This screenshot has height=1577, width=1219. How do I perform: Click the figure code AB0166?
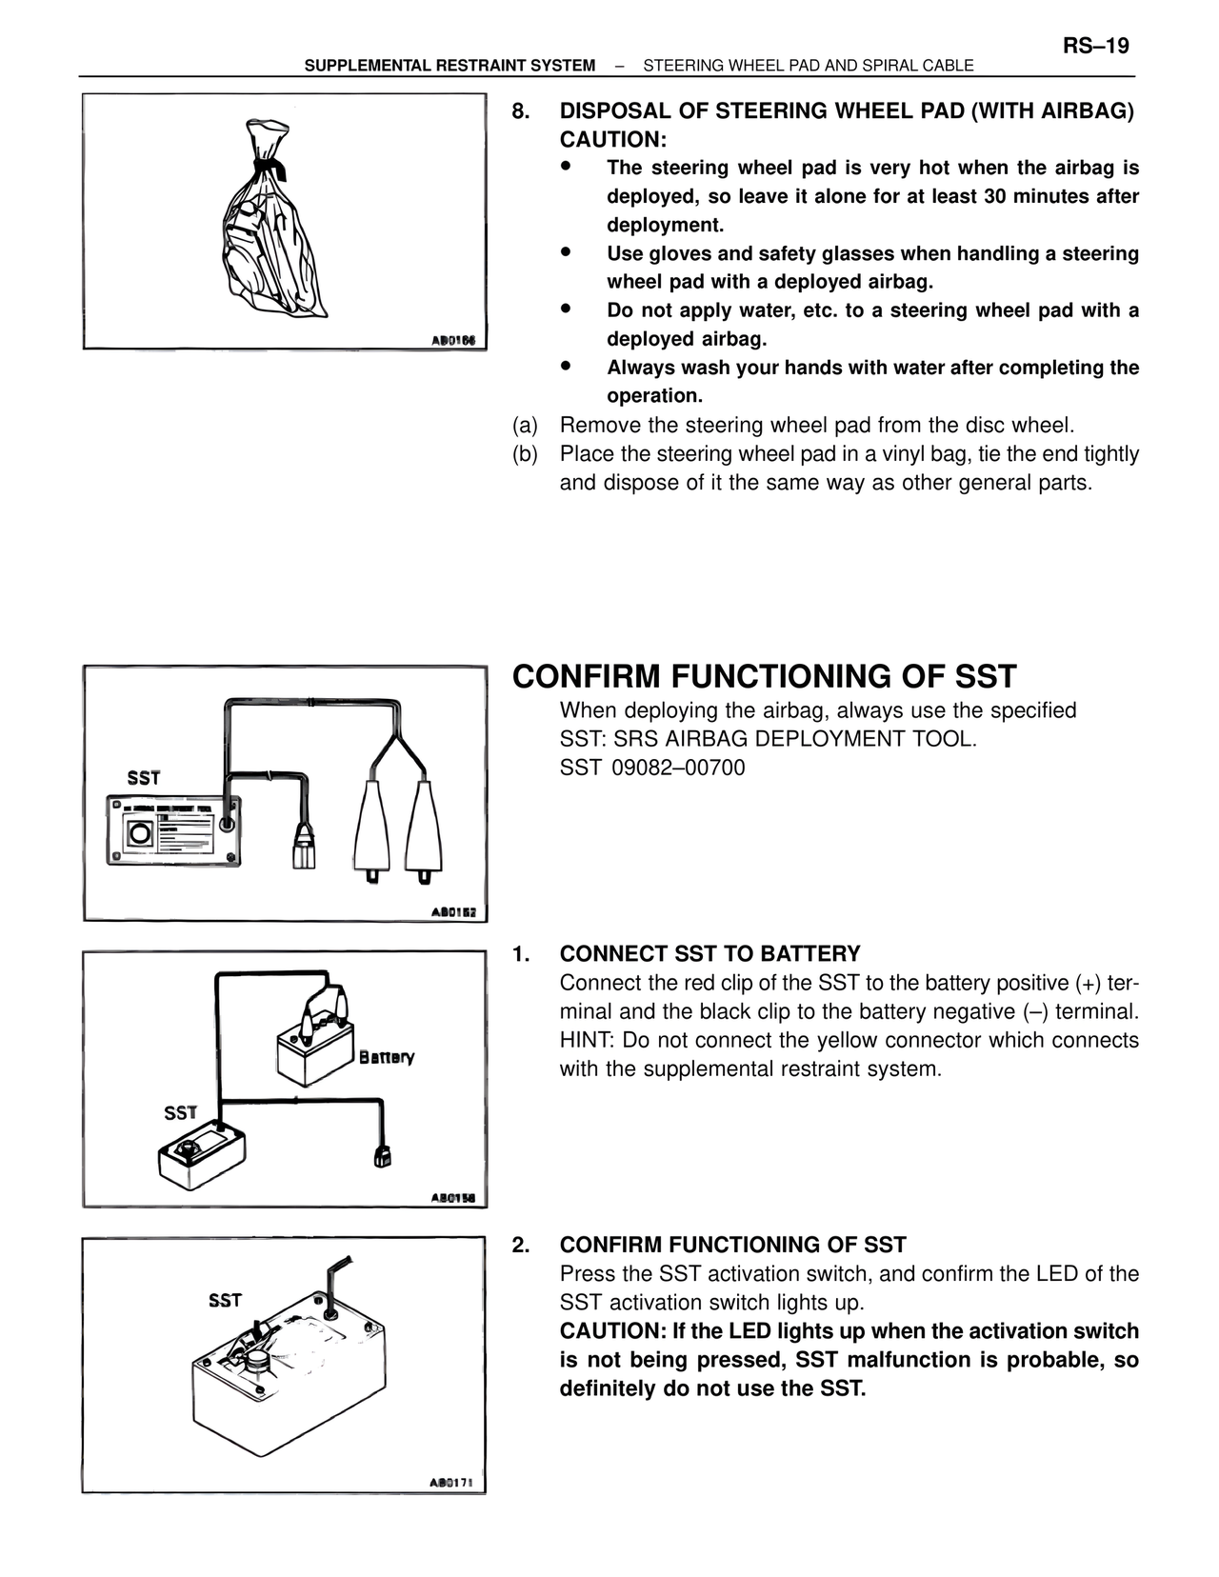coord(453,340)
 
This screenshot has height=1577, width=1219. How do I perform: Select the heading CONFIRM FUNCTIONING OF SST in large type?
coord(764,676)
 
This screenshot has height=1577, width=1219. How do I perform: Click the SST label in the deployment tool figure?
coord(144,778)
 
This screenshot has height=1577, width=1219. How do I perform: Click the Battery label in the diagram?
coord(387,1057)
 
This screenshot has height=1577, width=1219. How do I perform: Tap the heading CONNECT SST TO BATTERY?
coord(709,954)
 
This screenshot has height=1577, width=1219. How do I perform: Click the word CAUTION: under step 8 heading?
coord(612,140)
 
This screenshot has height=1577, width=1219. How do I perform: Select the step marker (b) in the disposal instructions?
coord(525,454)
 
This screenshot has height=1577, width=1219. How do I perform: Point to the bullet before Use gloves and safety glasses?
coord(566,252)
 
